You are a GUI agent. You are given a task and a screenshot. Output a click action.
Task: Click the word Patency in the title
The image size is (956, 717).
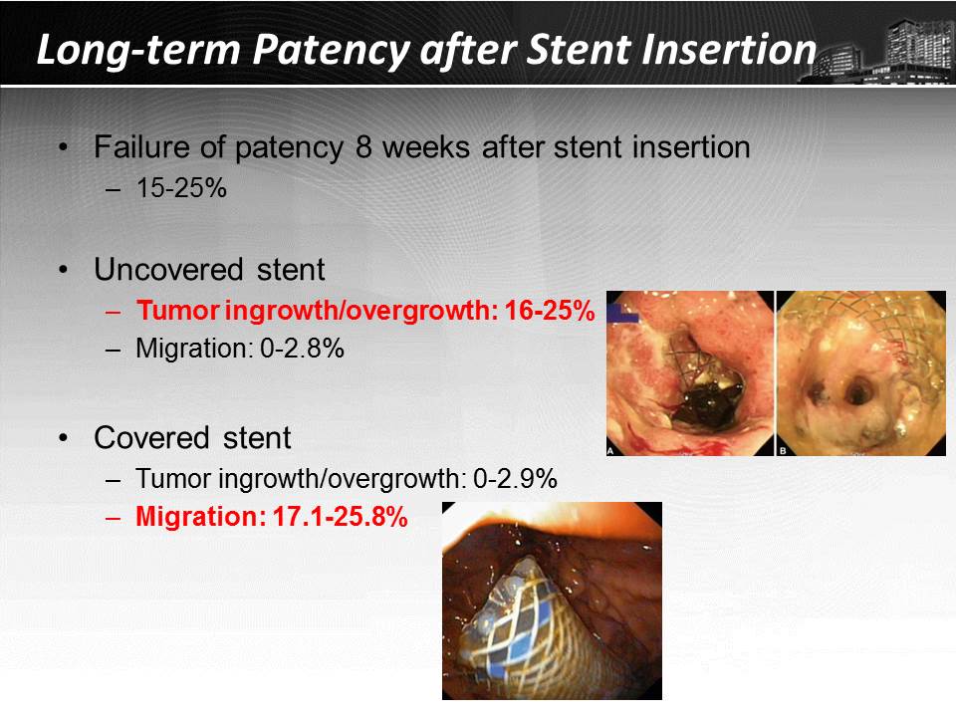click(332, 51)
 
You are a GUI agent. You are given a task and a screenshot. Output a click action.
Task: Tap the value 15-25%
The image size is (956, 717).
click(181, 188)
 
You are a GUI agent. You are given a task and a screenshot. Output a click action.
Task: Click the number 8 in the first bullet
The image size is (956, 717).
click(363, 147)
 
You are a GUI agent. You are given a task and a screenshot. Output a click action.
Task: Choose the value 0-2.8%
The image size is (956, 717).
click(302, 349)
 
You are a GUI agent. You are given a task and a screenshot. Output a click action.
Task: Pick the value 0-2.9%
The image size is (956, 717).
click(515, 479)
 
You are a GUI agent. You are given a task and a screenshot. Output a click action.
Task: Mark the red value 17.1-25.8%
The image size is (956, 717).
click(340, 517)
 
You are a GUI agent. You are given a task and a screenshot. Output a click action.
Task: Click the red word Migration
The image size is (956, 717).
click(200, 518)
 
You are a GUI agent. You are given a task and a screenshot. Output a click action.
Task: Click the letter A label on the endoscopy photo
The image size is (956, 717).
click(610, 451)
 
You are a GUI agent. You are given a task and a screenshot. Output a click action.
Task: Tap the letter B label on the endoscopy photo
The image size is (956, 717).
click(783, 451)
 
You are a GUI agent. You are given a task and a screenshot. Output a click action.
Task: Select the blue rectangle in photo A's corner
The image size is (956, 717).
click(622, 313)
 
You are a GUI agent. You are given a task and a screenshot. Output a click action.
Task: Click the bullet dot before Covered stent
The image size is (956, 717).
click(64, 438)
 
